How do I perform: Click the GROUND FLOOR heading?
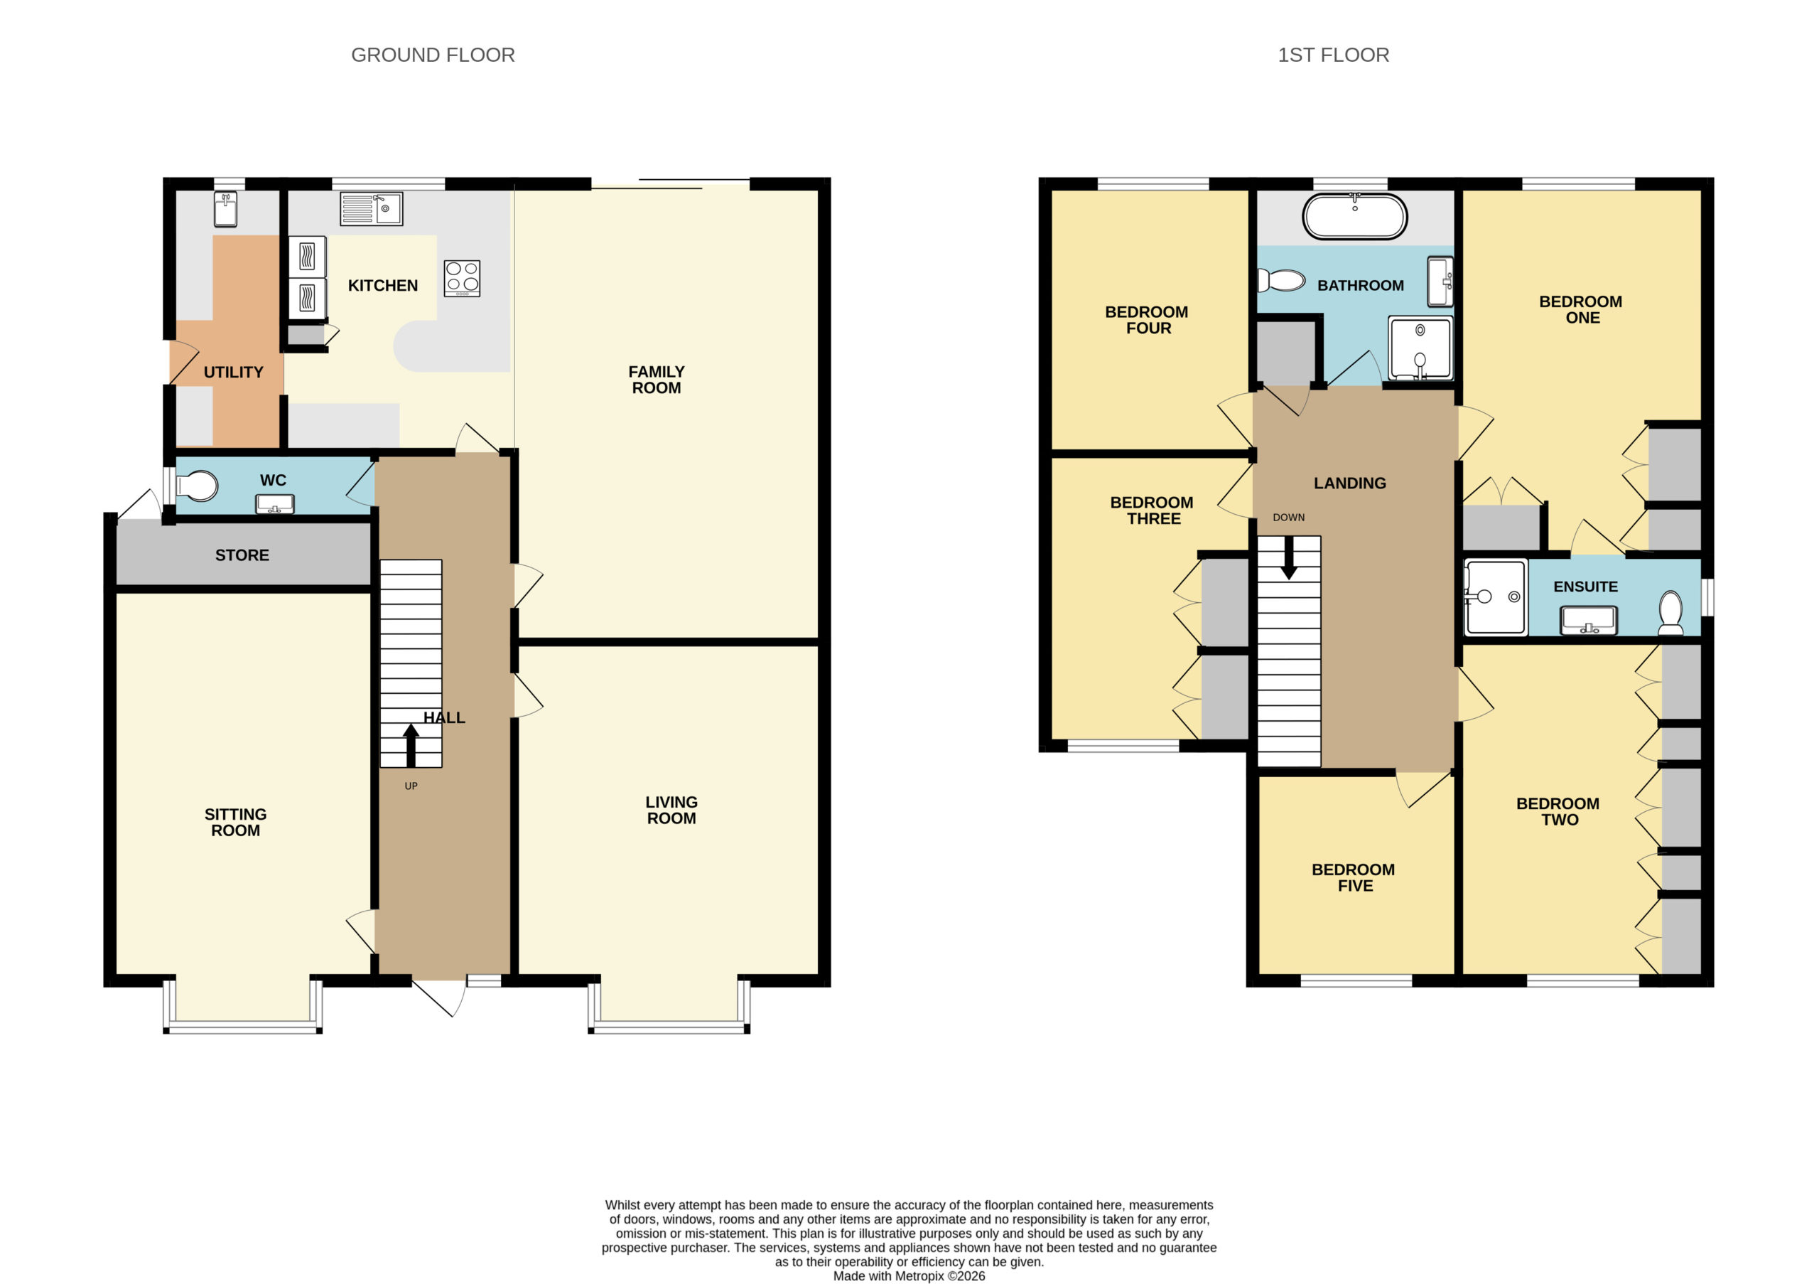coord(433,55)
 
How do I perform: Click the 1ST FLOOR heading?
coord(1334,55)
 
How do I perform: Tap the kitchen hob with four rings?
coord(462,278)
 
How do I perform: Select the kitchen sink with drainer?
coord(372,208)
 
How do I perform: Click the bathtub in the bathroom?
coord(1355,216)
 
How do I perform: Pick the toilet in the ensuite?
coord(1670,613)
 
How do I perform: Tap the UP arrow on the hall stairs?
coord(411,745)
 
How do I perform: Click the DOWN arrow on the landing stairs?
coord(1289,557)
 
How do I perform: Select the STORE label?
coord(242,555)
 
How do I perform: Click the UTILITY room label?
coord(234,373)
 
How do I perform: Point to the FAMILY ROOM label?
coord(657,380)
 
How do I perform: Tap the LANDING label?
coord(1350,483)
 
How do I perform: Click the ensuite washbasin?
coord(1589,620)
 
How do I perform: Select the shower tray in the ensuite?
coord(1495,598)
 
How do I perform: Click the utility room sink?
coord(226,209)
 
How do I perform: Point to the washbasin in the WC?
coord(275,504)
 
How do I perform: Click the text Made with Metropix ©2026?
coord(909,1276)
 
